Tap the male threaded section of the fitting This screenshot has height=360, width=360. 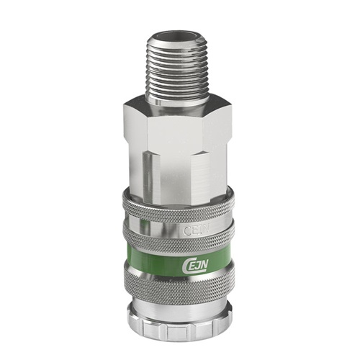click(179, 61)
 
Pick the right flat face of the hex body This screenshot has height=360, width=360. click(220, 148)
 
